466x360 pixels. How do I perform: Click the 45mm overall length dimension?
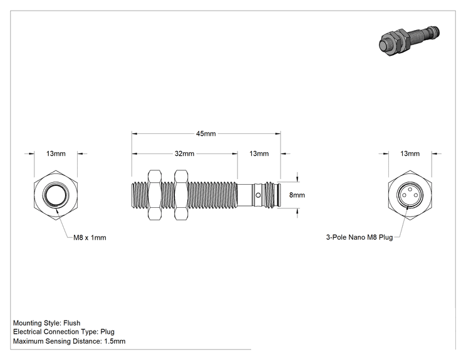pos(205,133)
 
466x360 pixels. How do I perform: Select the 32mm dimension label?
pos(184,153)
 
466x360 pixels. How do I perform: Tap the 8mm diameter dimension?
pos(297,195)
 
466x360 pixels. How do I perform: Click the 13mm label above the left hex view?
pos(56,153)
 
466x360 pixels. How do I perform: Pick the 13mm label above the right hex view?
pos(410,153)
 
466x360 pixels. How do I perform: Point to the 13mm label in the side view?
pos(259,153)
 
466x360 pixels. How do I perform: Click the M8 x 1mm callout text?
pos(90,238)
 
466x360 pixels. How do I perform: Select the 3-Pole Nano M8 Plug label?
pos(360,237)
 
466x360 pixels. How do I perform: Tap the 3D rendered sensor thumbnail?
pos(409,41)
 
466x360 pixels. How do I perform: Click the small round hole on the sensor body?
pos(258,195)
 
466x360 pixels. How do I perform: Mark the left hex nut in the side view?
pos(155,195)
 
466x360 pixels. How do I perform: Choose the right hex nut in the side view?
pos(181,195)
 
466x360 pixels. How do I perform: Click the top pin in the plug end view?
pos(410,189)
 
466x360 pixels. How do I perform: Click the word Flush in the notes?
pos(71,323)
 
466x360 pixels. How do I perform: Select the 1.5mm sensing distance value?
pos(115,341)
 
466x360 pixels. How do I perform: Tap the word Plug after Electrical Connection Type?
pos(107,332)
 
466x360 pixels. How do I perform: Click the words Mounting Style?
pos(37,323)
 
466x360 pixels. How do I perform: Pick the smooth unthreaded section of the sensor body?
pos(245,195)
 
